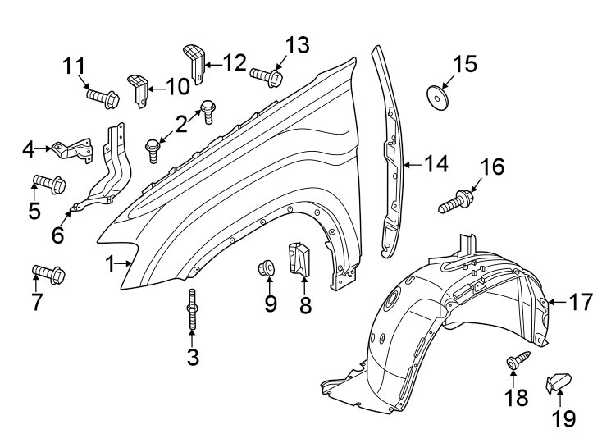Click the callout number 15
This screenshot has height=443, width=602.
465,63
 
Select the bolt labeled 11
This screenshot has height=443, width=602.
103,98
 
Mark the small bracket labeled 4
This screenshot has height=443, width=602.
72,150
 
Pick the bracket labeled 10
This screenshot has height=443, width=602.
139,87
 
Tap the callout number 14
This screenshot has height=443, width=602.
436,164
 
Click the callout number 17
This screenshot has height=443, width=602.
580,303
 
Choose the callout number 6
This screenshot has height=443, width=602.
58,235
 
